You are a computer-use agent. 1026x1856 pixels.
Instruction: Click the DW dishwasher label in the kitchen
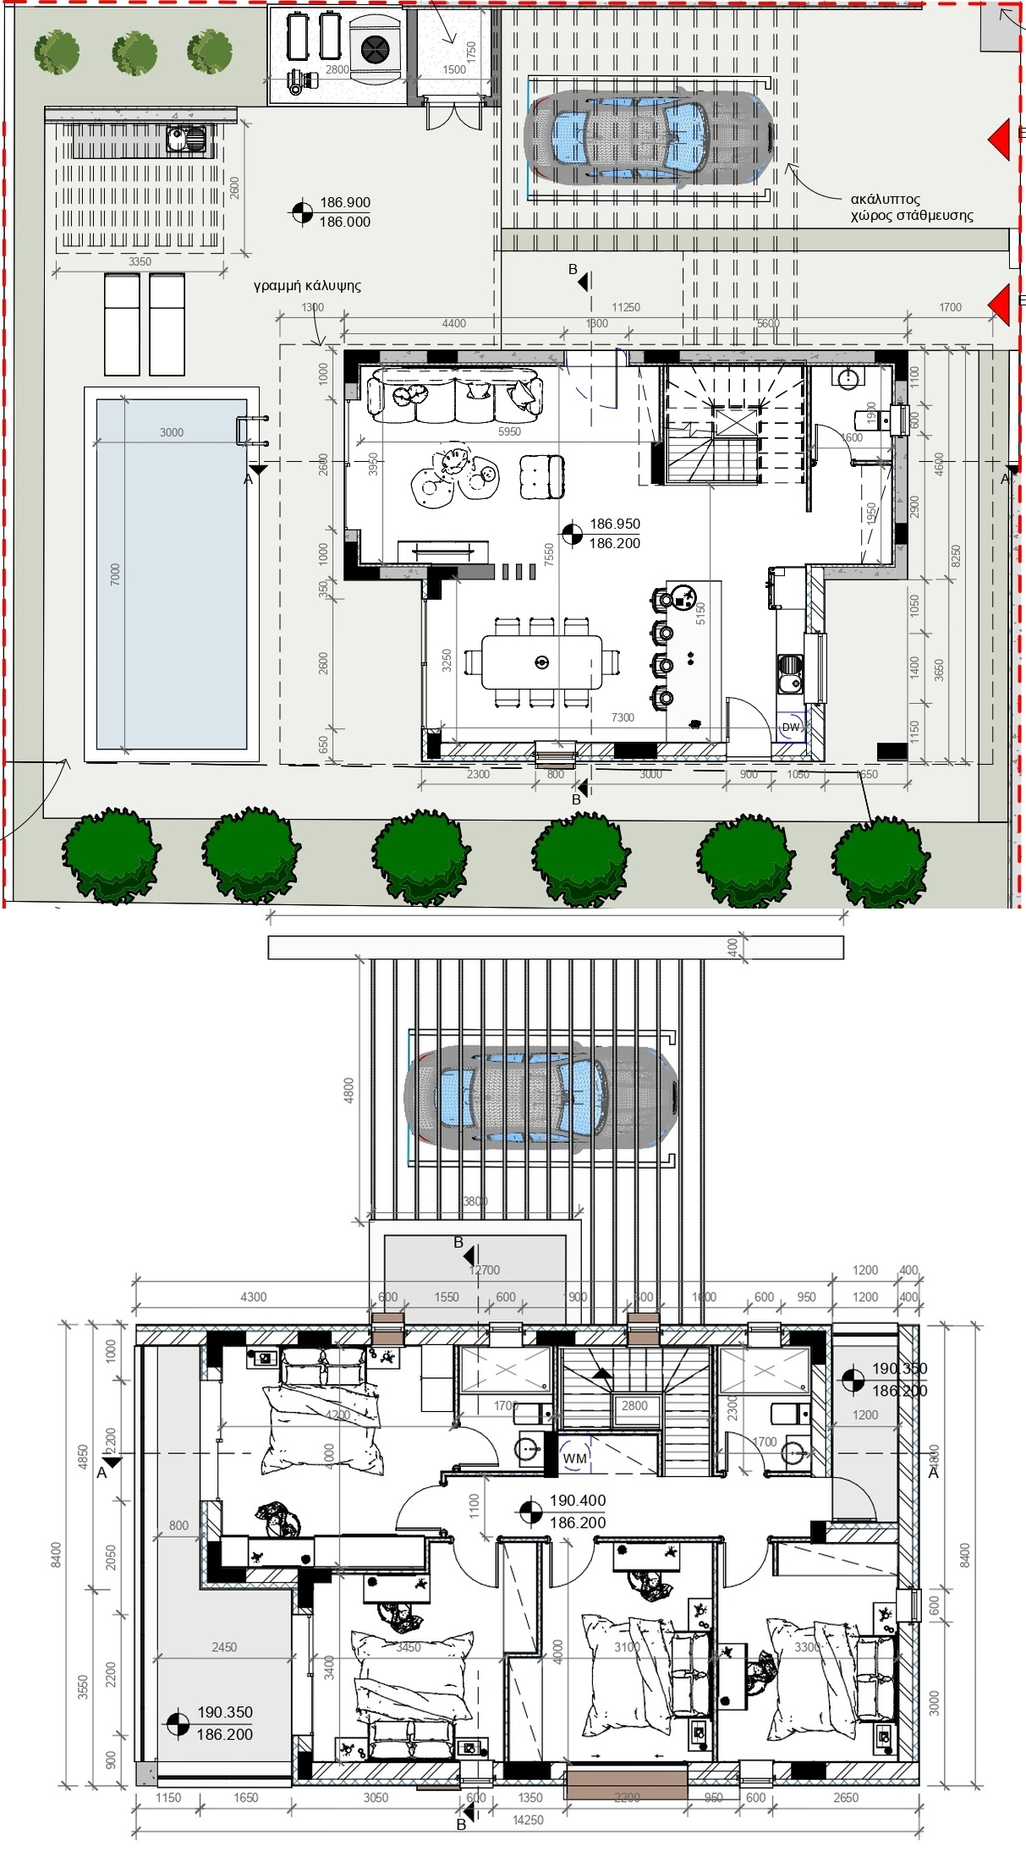[791, 728]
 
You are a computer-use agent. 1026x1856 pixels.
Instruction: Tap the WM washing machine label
[575, 1458]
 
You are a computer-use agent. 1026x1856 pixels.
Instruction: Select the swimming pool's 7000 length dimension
[115, 574]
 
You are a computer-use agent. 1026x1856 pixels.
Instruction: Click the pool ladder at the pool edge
[253, 430]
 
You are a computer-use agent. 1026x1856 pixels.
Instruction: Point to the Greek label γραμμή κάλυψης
[307, 286]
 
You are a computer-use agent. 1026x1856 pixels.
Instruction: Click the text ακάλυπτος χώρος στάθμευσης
[911, 207]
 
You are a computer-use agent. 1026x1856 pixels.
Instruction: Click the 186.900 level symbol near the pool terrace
[302, 212]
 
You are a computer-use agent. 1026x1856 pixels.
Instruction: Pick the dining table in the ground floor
[542, 662]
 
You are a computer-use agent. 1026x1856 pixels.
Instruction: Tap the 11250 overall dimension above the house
[626, 308]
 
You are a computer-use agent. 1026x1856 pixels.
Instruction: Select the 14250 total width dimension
[528, 1820]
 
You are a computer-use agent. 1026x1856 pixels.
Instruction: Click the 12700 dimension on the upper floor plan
[485, 1270]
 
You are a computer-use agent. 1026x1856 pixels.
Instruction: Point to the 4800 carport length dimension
[348, 1090]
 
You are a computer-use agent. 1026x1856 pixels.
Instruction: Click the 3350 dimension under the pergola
[140, 261]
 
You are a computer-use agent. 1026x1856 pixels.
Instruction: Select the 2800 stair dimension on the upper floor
[634, 1406]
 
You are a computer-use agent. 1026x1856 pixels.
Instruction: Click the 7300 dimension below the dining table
[623, 717]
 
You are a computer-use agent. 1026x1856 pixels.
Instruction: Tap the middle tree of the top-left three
[134, 52]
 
